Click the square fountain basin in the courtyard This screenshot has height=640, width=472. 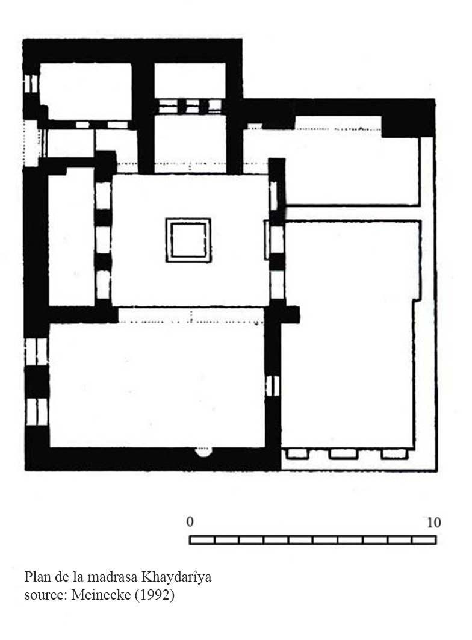pos(188,240)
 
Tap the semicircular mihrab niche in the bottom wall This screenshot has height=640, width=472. pos(203,452)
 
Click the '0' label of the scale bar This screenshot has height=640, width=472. pos(190,522)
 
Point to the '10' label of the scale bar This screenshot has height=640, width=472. pos(433,523)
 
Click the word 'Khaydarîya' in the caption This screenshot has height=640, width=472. pos(176,577)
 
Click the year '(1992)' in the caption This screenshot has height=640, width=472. pos(155,595)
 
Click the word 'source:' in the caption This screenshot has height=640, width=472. pos(46,595)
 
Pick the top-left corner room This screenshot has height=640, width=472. pos(85,91)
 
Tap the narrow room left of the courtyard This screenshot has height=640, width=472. pos(72,237)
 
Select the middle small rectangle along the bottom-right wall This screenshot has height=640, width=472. pos(344,454)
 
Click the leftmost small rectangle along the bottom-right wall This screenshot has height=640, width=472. pos(297,454)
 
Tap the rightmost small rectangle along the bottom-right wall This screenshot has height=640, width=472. pos(394,454)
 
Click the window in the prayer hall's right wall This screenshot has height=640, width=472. pos(273,386)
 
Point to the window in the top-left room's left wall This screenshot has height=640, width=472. pos(31,84)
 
